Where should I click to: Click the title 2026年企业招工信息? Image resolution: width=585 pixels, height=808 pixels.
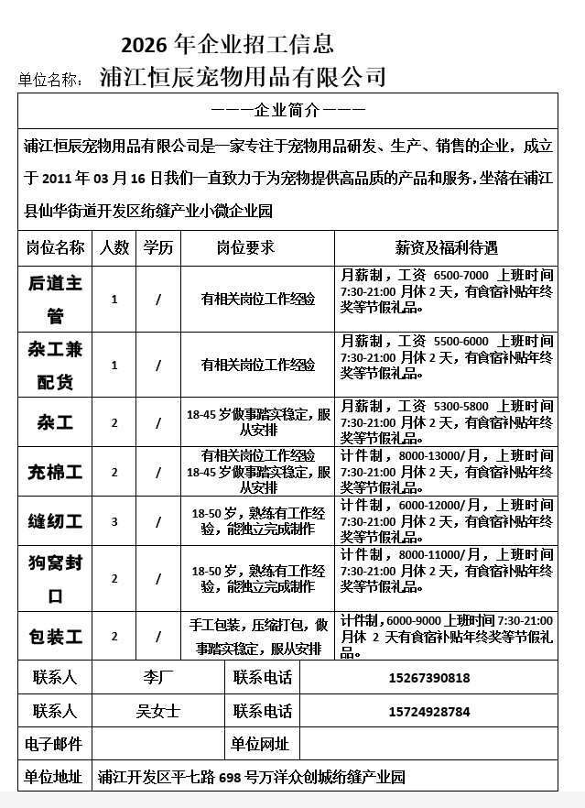point(227,43)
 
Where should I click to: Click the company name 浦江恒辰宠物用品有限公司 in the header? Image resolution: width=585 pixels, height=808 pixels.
point(243,76)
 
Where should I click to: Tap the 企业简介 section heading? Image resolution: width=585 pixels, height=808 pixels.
point(287,111)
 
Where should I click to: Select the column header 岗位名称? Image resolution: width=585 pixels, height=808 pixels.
point(55,247)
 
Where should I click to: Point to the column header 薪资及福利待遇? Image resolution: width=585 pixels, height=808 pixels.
point(446,247)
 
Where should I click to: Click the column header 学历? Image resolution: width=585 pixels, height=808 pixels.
point(157,247)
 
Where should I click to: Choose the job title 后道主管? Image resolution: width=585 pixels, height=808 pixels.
point(55,299)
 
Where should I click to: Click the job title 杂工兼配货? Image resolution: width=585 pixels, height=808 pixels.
point(55,365)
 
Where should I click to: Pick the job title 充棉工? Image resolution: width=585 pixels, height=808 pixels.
point(55,472)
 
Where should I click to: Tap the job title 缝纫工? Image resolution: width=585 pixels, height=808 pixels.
point(55,521)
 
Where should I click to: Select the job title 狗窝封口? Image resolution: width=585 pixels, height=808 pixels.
point(55,579)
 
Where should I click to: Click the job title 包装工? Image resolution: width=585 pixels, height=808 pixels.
point(55,636)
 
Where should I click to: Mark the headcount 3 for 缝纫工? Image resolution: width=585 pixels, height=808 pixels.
point(114,521)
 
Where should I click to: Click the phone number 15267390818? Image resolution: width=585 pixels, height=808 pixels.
point(429,678)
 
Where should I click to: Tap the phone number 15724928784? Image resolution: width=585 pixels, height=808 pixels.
point(429,711)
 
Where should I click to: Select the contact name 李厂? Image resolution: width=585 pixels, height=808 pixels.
point(157,678)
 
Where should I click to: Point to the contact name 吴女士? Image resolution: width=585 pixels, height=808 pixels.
point(157,711)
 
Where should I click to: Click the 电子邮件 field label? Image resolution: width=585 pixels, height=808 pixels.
point(55,744)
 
